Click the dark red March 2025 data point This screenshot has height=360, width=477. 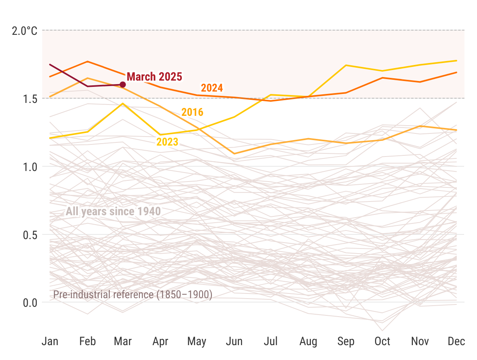tap(122, 85)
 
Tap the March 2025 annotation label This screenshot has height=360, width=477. tap(154, 77)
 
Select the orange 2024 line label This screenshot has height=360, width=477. tap(212, 88)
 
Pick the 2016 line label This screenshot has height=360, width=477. tap(192, 112)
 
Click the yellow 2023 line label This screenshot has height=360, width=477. tap(167, 142)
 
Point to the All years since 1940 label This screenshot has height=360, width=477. tap(113, 212)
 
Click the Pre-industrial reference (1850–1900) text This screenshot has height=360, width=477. tap(133, 295)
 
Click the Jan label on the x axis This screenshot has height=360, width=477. tap(50, 342)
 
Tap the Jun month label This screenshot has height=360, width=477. tap(234, 342)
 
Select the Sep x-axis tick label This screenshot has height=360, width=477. tap(346, 342)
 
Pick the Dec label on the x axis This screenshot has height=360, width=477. tap(456, 342)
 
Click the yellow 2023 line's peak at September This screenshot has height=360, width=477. tap(346, 65)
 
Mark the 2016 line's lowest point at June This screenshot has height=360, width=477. tap(234, 153)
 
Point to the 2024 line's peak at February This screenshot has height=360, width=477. tap(87, 61)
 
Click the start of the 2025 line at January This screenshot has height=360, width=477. tap(50, 64)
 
